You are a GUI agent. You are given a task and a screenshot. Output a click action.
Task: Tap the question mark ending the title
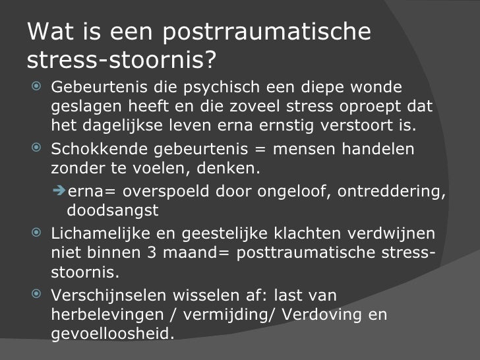click(208, 61)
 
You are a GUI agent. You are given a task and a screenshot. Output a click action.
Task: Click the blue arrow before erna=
click(58, 191)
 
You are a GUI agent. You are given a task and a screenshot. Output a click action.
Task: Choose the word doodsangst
click(114, 210)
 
